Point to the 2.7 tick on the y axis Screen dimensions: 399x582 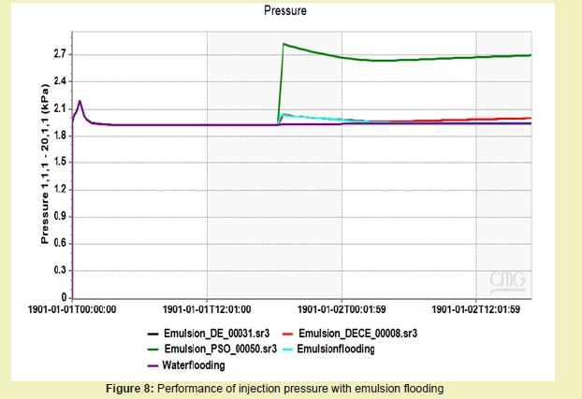(x=59, y=55)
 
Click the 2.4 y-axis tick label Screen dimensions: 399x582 (x=59, y=81)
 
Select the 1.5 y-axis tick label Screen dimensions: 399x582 (x=59, y=163)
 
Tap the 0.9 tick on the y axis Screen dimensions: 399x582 (x=59, y=217)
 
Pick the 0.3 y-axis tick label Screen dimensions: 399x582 (x=59, y=271)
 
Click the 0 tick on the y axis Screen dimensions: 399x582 (x=63, y=297)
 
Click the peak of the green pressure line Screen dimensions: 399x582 (x=284, y=43)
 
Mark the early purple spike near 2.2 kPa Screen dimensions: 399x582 (x=80, y=100)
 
